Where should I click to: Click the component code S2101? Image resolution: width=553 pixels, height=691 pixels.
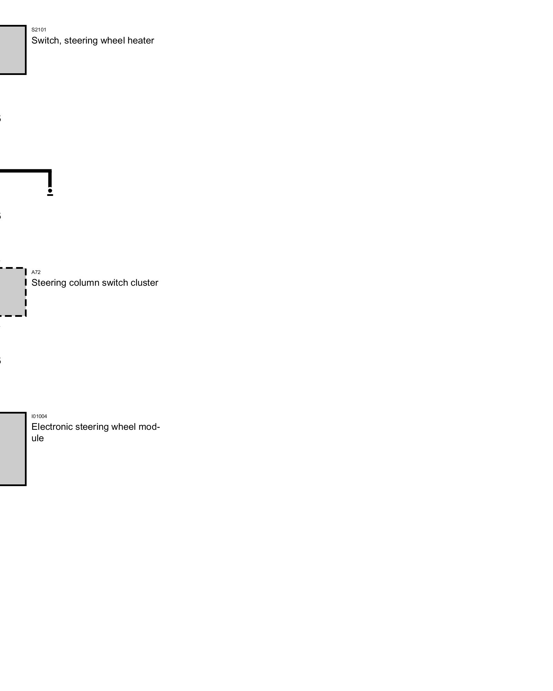39,30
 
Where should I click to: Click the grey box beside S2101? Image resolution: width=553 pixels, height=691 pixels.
12,50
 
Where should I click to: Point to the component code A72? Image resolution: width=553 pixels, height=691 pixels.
36,272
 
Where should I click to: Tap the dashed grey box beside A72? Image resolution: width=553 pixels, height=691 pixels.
12,292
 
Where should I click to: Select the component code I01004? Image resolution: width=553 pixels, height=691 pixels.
39,416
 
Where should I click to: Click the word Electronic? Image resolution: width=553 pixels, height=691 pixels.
52,427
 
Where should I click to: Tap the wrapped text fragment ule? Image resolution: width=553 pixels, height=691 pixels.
38,438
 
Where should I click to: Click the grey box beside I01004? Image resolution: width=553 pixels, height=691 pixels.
12,449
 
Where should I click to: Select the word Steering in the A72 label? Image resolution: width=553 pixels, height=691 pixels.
49,283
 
